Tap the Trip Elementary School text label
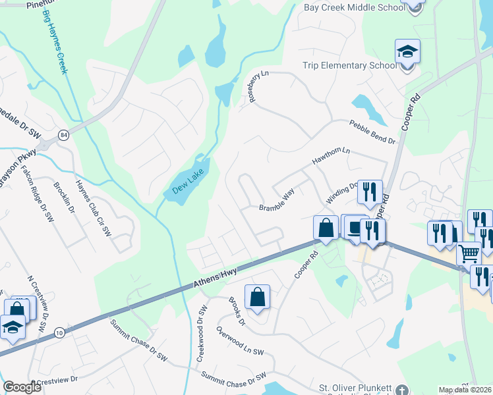click(x=349, y=65)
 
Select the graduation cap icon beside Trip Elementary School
click(x=407, y=51)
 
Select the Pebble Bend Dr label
click(x=372, y=132)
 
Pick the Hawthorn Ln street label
click(x=331, y=160)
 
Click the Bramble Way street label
click(x=276, y=201)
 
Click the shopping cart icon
click(x=469, y=253)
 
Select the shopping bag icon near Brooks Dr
click(x=257, y=297)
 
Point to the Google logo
click(x=22, y=387)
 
